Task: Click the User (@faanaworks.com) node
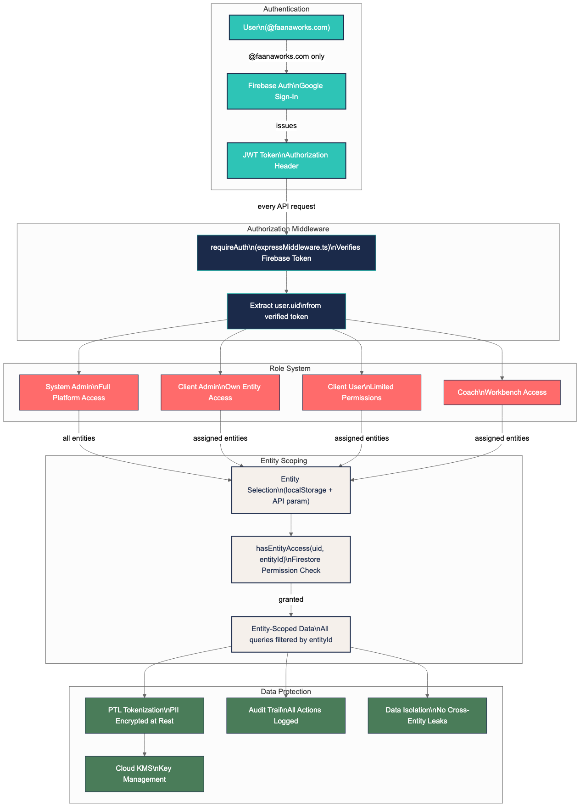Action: (286, 28)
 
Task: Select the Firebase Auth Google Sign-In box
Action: (286, 91)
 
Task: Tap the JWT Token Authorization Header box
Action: (286, 161)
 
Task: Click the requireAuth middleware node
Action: (286, 253)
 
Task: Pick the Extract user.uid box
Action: (286, 311)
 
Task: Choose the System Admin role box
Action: (79, 392)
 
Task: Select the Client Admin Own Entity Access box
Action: (220, 392)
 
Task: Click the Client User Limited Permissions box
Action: (362, 392)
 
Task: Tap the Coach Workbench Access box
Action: (502, 392)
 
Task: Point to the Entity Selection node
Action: (291, 490)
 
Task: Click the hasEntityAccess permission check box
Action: (291, 560)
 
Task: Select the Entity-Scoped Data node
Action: (291, 634)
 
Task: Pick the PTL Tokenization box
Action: (145, 716)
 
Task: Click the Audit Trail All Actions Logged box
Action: (286, 716)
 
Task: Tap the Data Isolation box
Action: (427, 716)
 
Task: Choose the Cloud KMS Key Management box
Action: (145, 774)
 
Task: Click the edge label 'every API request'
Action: (286, 207)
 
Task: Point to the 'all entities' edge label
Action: (79, 438)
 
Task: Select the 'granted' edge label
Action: (291, 600)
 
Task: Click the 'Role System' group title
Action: (290, 369)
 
